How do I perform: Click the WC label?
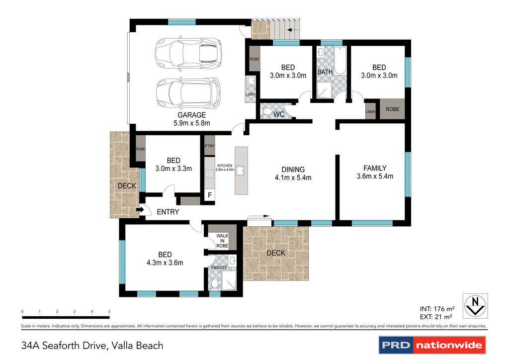(279, 115)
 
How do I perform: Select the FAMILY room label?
(374, 168)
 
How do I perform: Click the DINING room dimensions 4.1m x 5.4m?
(293, 178)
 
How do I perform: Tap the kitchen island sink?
(241, 171)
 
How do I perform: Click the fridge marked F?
(209, 195)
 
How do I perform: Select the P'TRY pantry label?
(209, 146)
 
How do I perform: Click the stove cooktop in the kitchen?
(209, 174)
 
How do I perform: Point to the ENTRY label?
(168, 212)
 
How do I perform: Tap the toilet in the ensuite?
(214, 283)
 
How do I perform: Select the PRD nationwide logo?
(432, 345)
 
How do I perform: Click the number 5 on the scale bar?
(109, 311)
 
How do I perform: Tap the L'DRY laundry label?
(250, 94)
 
